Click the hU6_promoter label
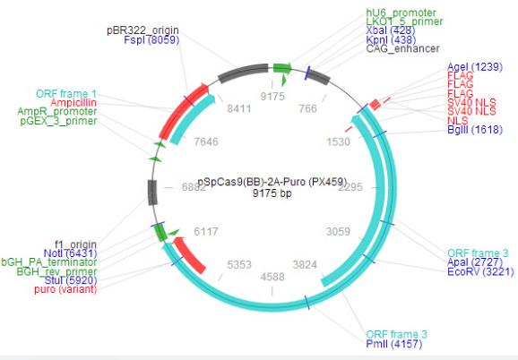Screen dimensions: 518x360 tap(401, 13)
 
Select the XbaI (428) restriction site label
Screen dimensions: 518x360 tap(391, 30)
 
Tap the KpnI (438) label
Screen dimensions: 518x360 tap(391, 40)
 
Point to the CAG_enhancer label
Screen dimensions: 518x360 tap(402, 49)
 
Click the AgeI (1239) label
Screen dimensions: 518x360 tap(475, 67)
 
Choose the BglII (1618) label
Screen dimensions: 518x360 tap(475, 130)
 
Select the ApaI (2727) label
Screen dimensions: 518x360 tap(475, 262)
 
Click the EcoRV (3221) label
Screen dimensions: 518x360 tap(480, 272)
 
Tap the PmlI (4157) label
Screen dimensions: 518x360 tap(394, 344)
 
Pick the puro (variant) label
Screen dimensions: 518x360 tap(65, 290)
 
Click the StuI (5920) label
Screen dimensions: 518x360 tap(71, 281)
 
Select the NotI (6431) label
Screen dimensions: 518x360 tap(71, 253)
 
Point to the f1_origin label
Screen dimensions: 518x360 tap(75, 244)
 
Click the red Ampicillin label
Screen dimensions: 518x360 tap(73, 103)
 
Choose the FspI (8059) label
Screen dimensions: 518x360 tap(151, 40)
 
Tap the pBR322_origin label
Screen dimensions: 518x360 tap(142, 30)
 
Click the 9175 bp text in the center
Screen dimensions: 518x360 tap(272, 193)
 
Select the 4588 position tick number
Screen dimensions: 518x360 tap(272, 277)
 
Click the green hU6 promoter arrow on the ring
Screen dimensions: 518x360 tap(282, 69)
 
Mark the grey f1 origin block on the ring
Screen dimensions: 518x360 tap(152, 193)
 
